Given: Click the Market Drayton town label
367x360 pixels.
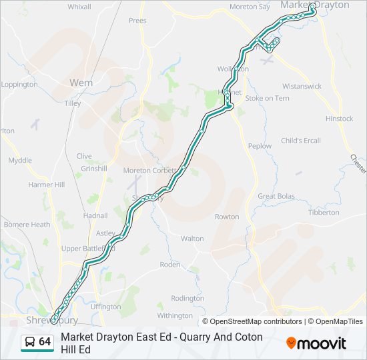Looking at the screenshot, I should point(314,5).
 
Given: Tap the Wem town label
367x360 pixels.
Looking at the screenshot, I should point(81,83).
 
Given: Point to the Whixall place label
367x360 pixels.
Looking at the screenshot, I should point(79,7).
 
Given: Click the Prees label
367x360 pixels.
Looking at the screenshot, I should point(137,21).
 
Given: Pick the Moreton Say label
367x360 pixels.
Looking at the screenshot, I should point(250,7).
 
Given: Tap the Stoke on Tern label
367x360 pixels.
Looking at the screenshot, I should point(267,98).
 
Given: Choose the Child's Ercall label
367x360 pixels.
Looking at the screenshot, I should point(300,141).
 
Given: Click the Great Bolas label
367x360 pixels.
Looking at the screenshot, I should point(276,196).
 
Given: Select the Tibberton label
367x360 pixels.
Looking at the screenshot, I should point(324,212).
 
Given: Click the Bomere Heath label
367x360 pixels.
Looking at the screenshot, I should point(27,225).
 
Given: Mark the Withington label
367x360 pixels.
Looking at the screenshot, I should point(175,315).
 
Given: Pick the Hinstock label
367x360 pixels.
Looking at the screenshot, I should point(339,119).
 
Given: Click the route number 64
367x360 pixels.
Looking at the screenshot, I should point(45,341).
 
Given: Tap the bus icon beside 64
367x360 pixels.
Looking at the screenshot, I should point(30,342).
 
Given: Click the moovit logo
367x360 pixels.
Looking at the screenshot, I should point(316,343).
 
